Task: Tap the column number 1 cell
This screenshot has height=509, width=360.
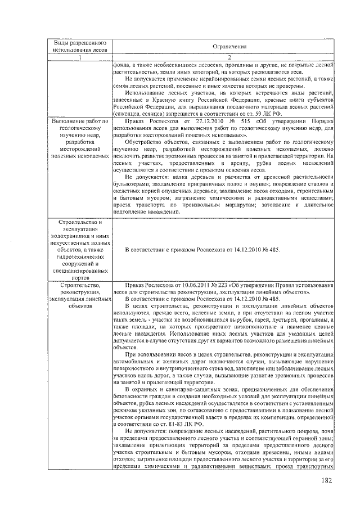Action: click(79, 58)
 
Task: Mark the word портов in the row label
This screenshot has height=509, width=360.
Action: click(79, 277)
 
